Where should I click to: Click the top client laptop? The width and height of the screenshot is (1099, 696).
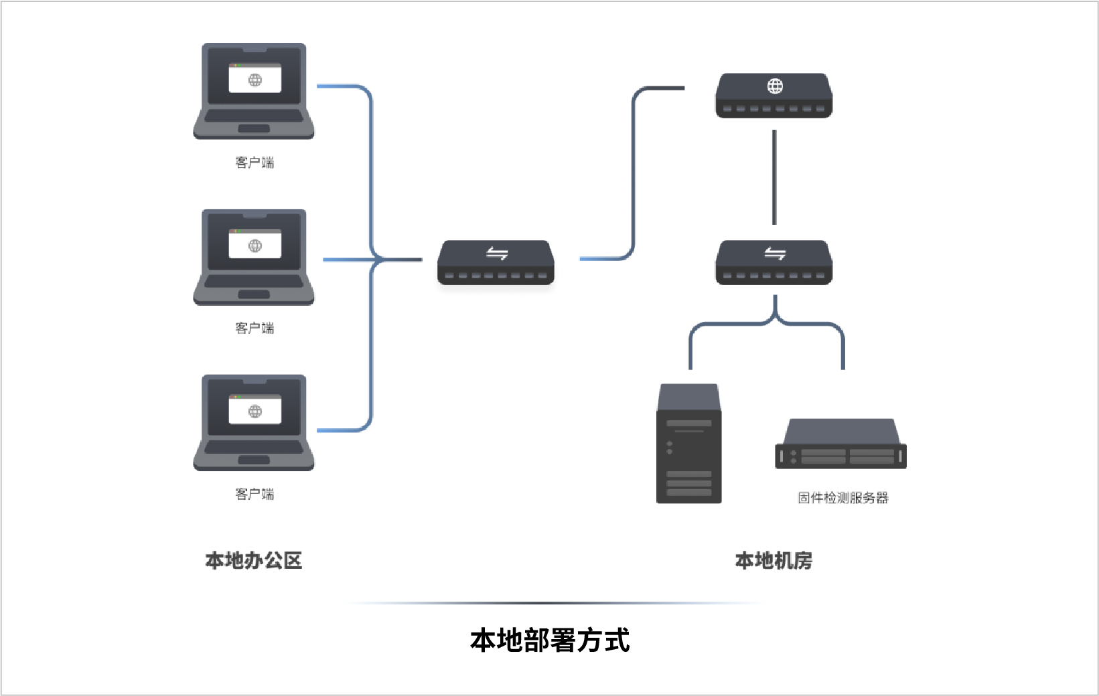tap(254, 91)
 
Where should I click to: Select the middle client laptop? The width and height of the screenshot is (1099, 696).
tap(254, 257)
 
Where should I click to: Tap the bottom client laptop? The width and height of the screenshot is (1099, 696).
tap(254, 422)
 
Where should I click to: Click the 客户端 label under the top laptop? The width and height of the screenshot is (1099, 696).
tap(254, 163)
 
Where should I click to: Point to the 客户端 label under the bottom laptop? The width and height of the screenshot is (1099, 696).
tap(254, 494)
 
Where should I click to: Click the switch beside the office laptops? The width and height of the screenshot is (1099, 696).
tap(496, 262)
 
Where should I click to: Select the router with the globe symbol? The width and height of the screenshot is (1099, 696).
tap(774, 96)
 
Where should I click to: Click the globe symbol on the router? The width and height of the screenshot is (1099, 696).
tap(775, 86)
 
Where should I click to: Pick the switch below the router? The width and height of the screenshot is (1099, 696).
tap(774, 262)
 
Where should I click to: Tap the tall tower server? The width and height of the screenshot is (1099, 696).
tap(689, 443)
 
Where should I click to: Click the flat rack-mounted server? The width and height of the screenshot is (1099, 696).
tap(840, 445)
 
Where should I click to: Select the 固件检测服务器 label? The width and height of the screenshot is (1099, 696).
tap(842, 498)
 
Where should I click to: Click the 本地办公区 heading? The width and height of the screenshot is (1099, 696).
tap(254, 560)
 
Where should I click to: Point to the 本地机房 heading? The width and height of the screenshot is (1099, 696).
tap(774, 560)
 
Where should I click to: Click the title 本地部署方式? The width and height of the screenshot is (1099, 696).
tap(550, 640)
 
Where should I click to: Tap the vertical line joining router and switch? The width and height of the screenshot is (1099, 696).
tap(774, 177)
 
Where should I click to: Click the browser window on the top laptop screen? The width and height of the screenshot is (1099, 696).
tap(254, 79)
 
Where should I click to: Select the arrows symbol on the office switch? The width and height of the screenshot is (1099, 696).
tap(497, 253)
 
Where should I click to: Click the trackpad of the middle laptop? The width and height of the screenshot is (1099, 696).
tap(254, 294)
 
